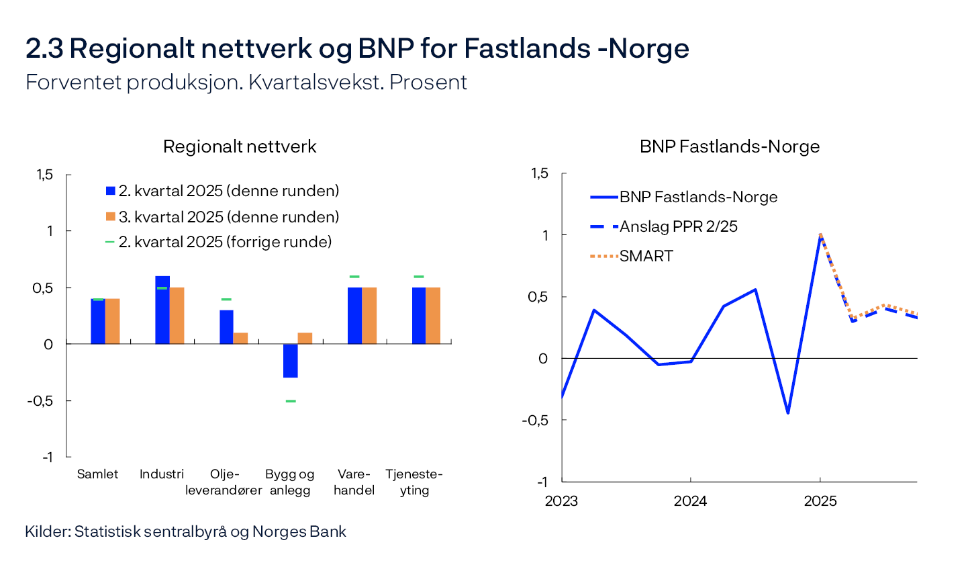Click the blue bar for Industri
(x=162, y=310)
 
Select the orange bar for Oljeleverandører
(x=240, y=338)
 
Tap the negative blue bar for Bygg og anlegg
(x=290, y=360)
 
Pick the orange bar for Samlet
(x=112, y=321)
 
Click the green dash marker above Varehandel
(x=354, y=277)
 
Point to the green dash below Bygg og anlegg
(x=290, y=401)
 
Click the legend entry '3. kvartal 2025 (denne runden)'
(x=228, y=217)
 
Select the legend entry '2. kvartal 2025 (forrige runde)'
(x=225, y=242)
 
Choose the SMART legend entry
(x=646, y=256)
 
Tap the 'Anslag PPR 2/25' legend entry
(x=678, y=226)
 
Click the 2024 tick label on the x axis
(x=690, y=501)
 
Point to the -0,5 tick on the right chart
(x=534, y=420)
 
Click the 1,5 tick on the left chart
(x=44, y=175)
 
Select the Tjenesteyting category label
(x=414, y=482)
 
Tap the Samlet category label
(x=98, y=474)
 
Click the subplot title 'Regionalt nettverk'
(x=240, y=146)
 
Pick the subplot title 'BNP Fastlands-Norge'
(x=730, y=146)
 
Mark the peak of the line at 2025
(x=820, y=235)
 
